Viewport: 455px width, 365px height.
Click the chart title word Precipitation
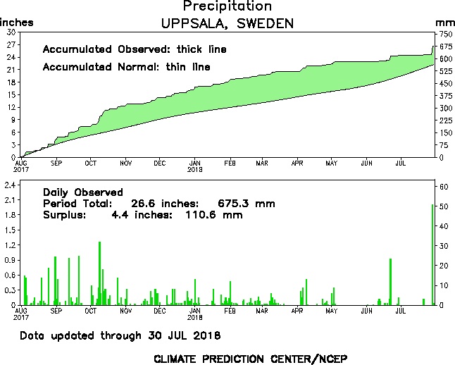click(227, 7)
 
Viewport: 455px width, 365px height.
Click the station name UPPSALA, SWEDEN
click(227, 23)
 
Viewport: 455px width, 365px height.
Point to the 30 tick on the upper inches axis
click(10, 32)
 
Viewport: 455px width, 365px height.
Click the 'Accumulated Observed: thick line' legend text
click(135, 50)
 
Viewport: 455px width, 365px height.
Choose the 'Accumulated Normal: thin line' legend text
click(126, 67)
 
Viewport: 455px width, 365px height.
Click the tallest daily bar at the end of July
click(432, 254)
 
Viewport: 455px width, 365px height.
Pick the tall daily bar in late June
click(390, 282)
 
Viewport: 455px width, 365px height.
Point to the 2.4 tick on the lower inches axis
click(11, 185)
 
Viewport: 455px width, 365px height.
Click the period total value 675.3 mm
click(245, 204)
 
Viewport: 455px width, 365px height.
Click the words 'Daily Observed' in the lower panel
click(82, 192)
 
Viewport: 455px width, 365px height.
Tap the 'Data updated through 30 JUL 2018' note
click(120, 335)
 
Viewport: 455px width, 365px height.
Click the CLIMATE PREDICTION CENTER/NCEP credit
click(250, 358)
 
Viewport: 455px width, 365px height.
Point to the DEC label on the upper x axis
click(160, 163)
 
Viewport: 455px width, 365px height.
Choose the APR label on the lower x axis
click(297, 311)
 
